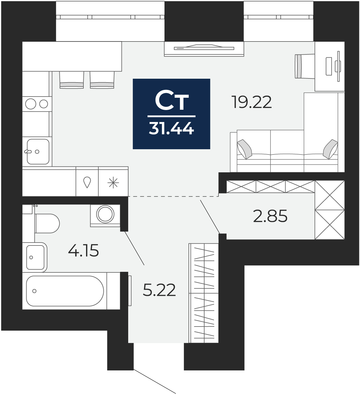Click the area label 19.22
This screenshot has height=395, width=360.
[x=252, y=102]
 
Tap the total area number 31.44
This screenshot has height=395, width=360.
[x=172, y=128]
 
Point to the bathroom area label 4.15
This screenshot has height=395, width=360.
[x=83, y=250]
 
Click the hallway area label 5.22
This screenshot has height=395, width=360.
[x=159, y=290]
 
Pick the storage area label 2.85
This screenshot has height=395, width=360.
[x=270, y=216]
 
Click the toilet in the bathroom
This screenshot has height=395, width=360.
[x=47, y=224]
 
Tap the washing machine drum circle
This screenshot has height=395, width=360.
[x=105, y=214]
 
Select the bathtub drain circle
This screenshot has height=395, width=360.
[x=34, y=291]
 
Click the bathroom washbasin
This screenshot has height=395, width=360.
[x=35, y=257]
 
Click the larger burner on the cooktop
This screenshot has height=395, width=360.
[x=31, y=104]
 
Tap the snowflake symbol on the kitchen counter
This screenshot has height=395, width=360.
[x=113, y=183]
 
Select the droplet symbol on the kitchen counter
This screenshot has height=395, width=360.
[x=87, y=182]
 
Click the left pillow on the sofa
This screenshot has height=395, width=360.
[x=244, y=149]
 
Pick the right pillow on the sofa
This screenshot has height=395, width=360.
[x=330, y=149]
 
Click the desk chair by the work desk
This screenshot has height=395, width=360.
[x=305, y=66]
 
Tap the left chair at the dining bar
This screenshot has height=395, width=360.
[x=72, y=80]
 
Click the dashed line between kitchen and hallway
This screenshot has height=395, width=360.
[x=173, y=196]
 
